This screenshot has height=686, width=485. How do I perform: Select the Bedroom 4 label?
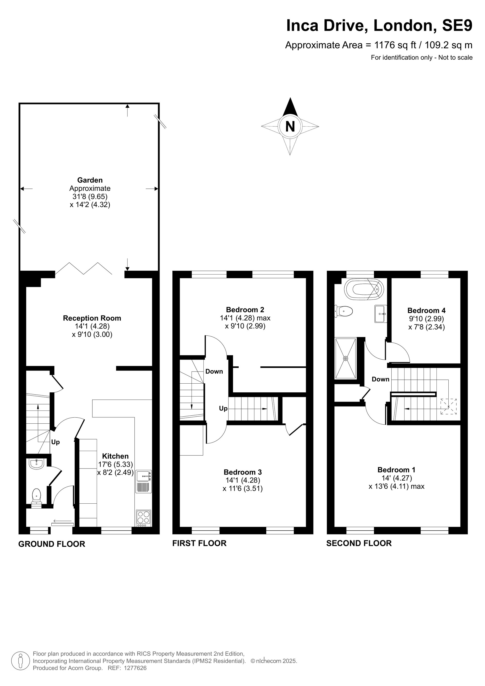point(426,310)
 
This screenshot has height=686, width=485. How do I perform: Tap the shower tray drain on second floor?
point(346,358)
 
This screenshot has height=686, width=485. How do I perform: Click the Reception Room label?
point(92,318)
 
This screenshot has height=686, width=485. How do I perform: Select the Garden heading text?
point(90,180)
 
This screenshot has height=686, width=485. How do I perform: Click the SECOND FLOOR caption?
point(359,543)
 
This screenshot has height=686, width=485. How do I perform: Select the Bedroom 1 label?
point(396,470)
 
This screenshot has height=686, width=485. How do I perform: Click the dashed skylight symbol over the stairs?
point(448,406)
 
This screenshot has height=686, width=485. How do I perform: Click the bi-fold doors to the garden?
point(84,268)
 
